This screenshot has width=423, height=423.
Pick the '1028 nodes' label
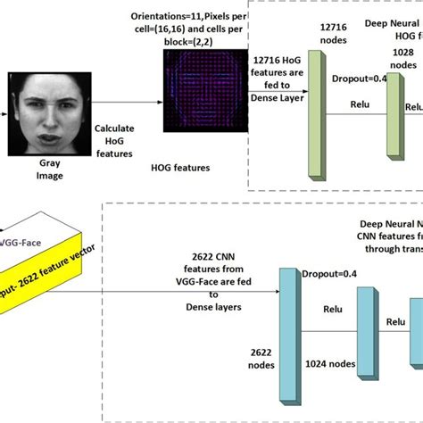tap(402, 59)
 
